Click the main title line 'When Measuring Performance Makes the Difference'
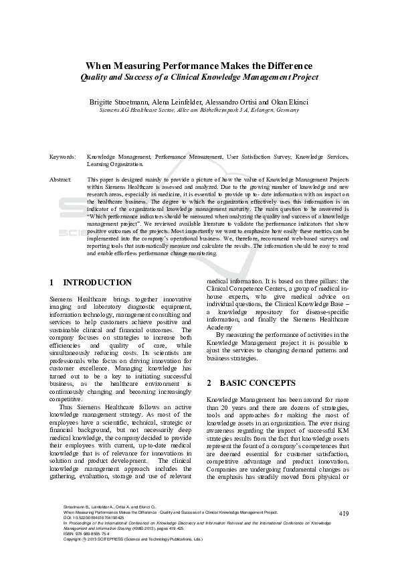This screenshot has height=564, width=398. click(199, 66)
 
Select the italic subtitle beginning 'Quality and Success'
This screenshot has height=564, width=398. click(199, 77)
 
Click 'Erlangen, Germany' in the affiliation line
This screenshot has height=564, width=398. click(274, 109)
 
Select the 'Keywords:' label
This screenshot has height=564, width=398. click(62, 157)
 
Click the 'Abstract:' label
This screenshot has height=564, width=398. click(61, 180)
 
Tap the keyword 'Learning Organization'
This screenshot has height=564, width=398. click(114, 163)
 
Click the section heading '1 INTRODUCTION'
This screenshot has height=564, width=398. click(91, 283)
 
